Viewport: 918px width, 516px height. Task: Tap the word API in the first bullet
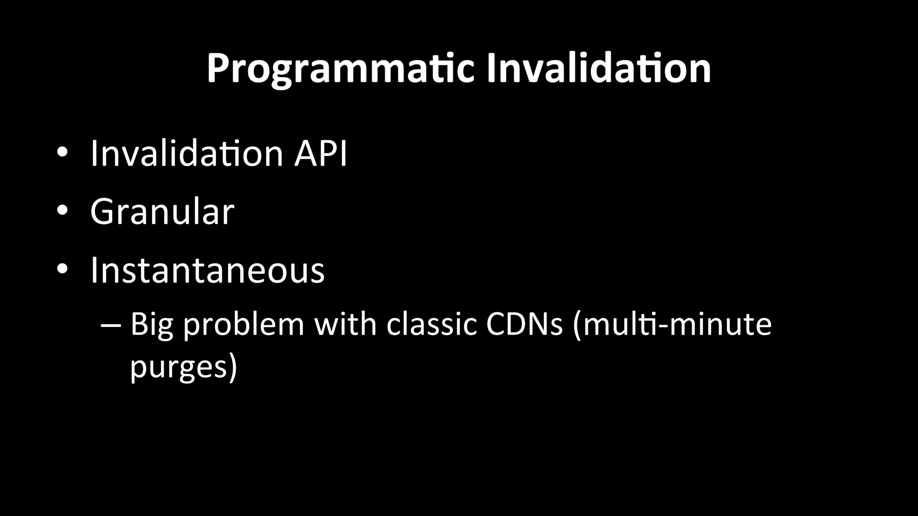tap(320, 154)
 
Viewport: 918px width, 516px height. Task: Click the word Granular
tap(162, 211)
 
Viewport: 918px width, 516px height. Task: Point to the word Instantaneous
tap(208, 270)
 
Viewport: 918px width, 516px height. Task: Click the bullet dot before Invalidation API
tap(62, 153)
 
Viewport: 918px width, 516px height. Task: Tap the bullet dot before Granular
tap(62, 211)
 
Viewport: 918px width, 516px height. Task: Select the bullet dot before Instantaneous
tap(62, 269)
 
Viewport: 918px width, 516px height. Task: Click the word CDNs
tap(524, 324)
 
